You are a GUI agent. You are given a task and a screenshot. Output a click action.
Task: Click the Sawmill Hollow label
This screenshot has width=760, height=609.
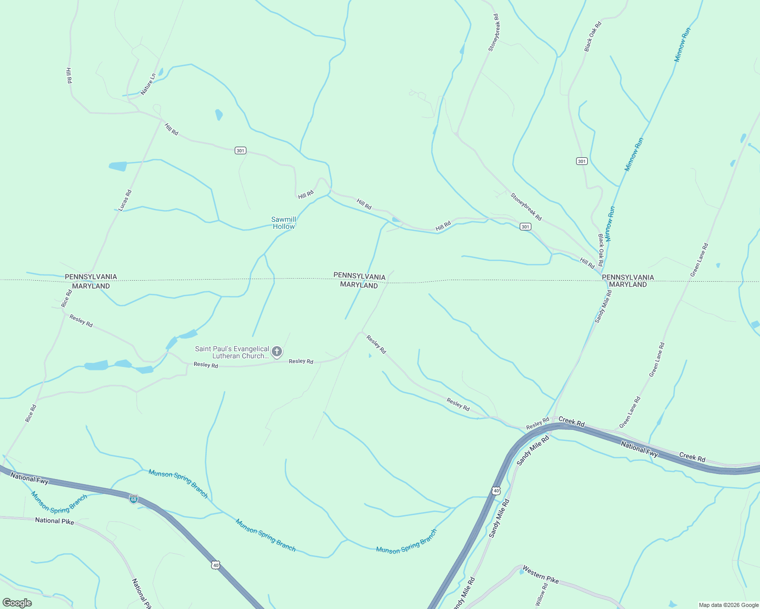coord(283,223)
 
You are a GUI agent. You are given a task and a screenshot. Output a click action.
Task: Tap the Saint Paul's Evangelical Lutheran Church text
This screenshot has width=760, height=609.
coord(232,352)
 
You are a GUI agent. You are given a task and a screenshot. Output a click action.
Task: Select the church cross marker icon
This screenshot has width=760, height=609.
coord(277,351)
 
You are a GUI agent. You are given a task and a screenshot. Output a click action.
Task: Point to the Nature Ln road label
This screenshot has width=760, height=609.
coord(148,84)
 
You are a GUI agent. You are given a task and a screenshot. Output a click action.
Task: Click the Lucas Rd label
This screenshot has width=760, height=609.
coord(125,200)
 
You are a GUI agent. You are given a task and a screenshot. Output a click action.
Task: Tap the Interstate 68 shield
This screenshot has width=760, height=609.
coord(133,499)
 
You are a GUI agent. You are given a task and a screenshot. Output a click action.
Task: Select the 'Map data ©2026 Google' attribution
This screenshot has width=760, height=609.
coord(728,605)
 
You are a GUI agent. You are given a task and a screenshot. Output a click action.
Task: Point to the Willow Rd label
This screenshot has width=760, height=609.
coord(542,594)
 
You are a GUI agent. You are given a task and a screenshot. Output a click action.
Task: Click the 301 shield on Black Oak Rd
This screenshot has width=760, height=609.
coord(582,161)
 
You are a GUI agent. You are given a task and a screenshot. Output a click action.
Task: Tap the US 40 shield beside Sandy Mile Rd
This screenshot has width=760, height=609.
coord(496,491)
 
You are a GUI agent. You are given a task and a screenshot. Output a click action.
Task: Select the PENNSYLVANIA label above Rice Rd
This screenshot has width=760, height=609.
coord(91,277)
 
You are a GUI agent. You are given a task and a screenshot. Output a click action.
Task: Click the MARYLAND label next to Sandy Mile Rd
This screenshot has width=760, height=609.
coord(628,285)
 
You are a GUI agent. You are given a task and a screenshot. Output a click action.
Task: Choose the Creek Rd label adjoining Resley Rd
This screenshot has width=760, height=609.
coord(572,421)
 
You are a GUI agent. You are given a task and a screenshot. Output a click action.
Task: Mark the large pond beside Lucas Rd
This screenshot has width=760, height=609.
coord(118,166)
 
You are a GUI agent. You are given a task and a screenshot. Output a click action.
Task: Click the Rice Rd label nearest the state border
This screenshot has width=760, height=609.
coord(67,298)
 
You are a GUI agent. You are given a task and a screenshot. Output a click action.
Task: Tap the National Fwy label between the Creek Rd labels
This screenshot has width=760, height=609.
coord(640,449)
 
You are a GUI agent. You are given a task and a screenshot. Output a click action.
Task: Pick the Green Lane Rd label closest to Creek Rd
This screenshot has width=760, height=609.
coord(630,412)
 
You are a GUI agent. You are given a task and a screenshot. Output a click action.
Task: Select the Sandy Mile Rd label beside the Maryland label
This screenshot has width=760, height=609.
coord(603,306)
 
